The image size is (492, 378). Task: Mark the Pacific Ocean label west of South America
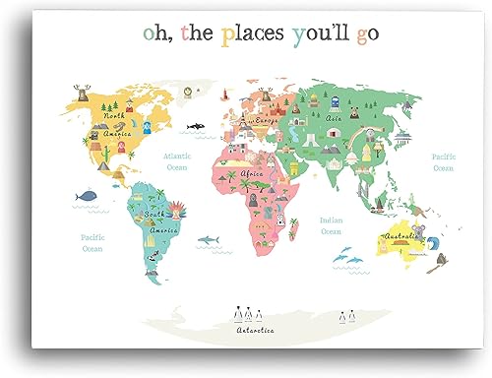(92, 242)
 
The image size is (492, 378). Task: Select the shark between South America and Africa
(208, 239)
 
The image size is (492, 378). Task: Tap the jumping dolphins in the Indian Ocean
(345, 257)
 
